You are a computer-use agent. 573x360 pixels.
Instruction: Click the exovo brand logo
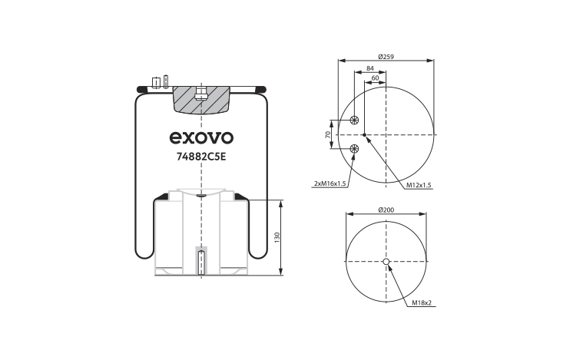tap(201, 137)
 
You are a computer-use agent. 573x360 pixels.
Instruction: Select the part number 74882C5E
tap(201, 157)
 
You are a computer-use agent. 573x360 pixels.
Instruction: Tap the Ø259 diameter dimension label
tap(386, 57)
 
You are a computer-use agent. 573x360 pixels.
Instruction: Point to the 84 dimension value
tap(370, 68)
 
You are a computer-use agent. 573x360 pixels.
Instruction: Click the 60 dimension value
tap(376, 78)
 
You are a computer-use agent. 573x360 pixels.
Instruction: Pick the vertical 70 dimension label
tap(328, 134)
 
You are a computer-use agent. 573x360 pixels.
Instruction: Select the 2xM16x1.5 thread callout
tap(330, 183)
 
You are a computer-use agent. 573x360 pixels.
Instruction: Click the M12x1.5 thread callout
tap(419, 185)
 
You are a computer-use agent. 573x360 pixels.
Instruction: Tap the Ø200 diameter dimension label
tap(386, 210)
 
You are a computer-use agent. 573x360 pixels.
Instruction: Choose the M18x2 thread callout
tap(422, 302)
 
